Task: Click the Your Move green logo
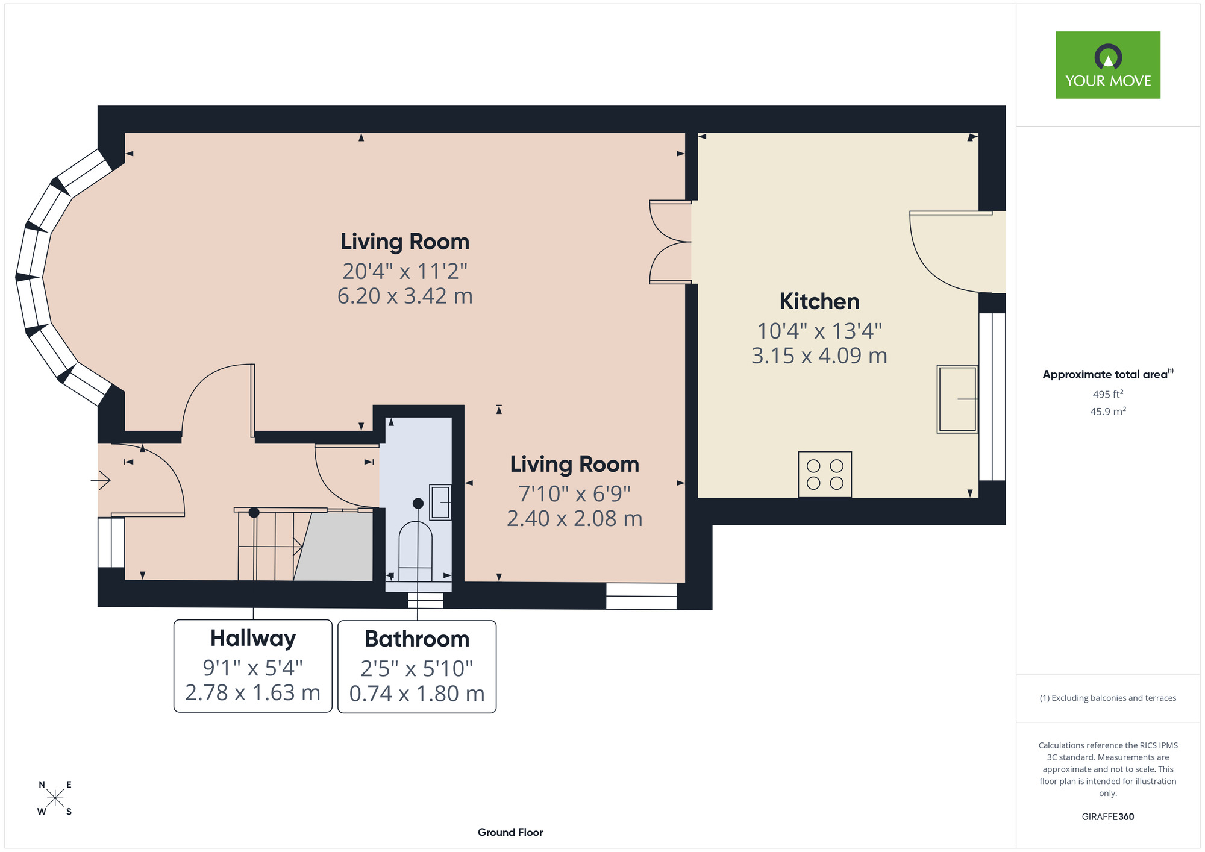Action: (x=1107, y=65)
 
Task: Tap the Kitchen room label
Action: (x=819, y=301)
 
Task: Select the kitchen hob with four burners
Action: (x=825, y=474)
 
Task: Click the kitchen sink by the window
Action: (x=957, y=399)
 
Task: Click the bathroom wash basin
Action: (x=440, y=502)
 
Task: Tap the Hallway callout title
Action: (x=253, y=638)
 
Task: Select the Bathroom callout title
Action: (x=417, y=639)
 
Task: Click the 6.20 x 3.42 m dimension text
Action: (x=405, y=296)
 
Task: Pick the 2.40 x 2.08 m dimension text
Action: (x=574, y=518)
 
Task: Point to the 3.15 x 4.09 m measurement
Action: (x=819, y=356)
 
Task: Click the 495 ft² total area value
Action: (x=1108, y=394)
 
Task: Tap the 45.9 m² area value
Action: (x=1108, y=412)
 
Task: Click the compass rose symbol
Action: (x=55, y=798)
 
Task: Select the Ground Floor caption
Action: (x=510, y=832)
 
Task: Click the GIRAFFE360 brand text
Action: (x=1108, y=817)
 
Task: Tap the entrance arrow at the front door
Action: (x=101, y=480)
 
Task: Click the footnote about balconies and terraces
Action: (x=1108, y=698)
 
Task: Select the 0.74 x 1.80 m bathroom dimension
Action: (x=417, y=694)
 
